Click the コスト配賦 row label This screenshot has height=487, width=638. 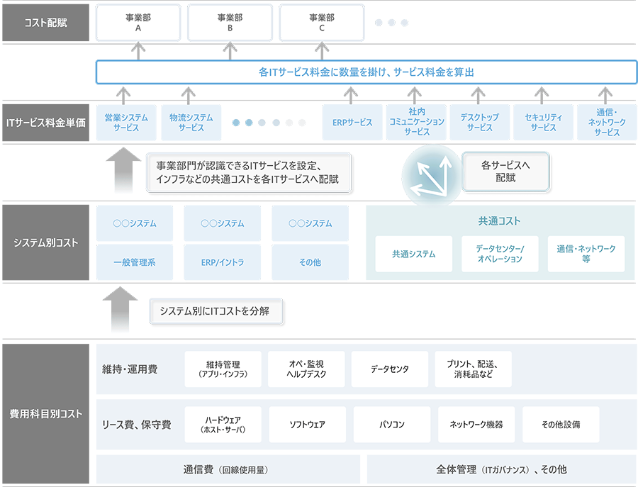[46, 21]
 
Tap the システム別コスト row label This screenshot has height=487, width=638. [46, 243]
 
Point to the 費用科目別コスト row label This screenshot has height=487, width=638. [46, 413]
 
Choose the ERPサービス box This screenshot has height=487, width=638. [352, 123]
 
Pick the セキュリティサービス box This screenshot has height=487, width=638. [544, 123]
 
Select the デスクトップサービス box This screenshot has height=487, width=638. [480, 123]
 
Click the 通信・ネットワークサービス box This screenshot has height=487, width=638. [607, 123]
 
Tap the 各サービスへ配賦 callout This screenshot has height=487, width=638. [505, 172]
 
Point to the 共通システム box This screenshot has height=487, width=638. [413, 254]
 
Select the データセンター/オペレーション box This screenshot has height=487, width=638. [500, 254]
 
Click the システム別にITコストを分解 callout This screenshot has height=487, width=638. [214, 311]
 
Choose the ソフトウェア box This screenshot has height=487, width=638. [308, 425]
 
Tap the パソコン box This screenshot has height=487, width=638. [392, 425]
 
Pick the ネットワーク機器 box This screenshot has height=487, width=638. [476, 425]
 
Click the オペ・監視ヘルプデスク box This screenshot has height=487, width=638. [306, 369]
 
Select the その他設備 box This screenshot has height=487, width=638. [561, 425]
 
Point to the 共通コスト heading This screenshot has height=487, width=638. [499, 221]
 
